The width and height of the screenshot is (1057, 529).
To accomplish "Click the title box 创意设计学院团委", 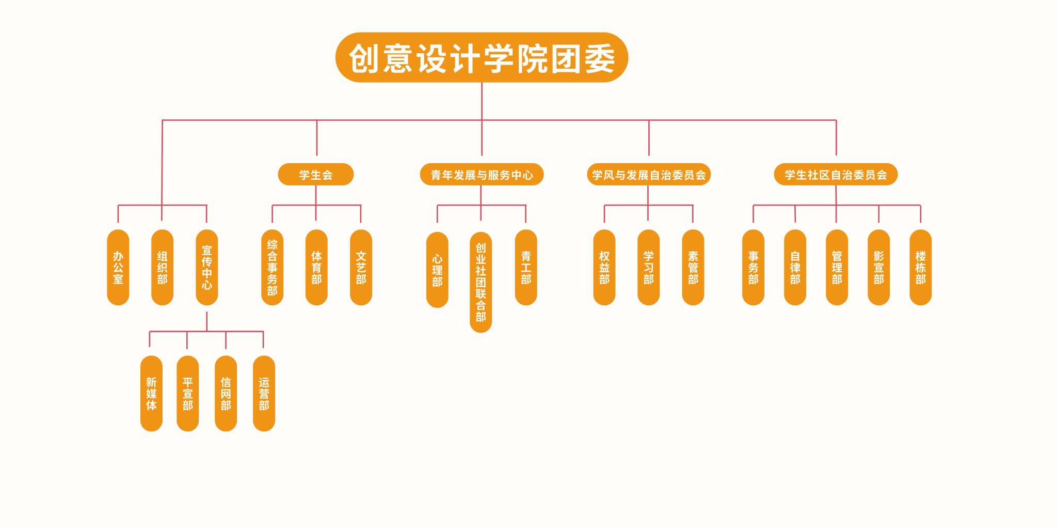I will point(482,57).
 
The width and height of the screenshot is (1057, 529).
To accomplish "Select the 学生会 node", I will point(315,175).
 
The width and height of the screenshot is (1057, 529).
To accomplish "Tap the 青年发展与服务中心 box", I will point(482,175).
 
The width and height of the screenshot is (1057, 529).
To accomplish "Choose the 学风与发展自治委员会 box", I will point(649,175).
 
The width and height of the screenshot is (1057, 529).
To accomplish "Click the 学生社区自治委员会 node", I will point(836,175).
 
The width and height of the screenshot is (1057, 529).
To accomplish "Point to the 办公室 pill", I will point(118,267).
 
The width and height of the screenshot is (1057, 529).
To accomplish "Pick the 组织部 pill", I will point(162,267).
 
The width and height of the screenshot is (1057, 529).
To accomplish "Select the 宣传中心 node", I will point(207,267).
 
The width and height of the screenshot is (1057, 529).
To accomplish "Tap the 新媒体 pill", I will point(151,393).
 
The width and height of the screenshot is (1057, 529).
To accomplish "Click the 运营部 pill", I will point(264,393).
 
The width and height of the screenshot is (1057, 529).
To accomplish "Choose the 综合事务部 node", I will point(272,267).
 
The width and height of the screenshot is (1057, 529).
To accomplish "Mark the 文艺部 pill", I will point(361,267).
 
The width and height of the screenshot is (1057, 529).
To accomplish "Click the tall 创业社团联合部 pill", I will point(481,282).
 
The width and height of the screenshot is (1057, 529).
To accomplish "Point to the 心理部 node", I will point(437,270).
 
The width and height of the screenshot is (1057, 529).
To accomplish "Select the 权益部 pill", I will point(604,267).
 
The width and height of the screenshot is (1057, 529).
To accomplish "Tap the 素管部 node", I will point(693,267).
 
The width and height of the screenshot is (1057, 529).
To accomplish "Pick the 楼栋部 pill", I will point(920,267).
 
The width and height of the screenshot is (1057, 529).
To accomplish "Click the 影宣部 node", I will point(878,267).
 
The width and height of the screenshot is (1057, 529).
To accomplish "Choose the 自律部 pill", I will point(795,267).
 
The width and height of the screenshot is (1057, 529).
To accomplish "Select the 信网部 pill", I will point(226,393).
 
